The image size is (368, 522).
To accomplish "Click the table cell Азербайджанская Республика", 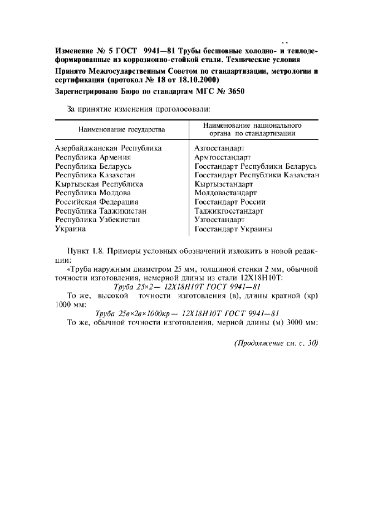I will pos(108,148).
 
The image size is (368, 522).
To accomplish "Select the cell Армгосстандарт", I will pos(222,157).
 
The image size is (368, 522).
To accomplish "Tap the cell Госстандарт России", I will pos(229,202).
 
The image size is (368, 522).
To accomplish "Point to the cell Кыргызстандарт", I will pos(224,184).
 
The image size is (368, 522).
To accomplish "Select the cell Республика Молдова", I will pos(91,193).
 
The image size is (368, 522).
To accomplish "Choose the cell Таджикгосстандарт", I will pos(229,211).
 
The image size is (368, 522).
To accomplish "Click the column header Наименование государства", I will pos(121,129).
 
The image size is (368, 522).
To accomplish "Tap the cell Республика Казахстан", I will pos(95,175).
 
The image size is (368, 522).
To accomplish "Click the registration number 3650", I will pos(235,91).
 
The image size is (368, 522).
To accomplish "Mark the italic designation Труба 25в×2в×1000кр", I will pos(131,313).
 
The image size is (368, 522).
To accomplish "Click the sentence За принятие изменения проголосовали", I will pos(138,109).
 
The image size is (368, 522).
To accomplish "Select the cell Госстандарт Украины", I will pos(233,229).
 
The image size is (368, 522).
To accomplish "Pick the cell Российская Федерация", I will pos(97,202).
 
